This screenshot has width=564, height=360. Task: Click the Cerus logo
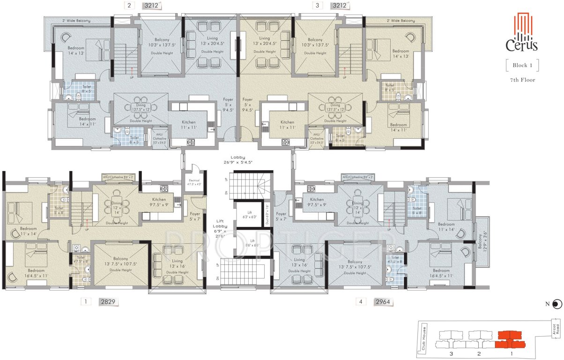point(521,32)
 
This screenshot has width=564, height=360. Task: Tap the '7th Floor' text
point(522,80)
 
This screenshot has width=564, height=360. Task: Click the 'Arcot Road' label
point(555,332)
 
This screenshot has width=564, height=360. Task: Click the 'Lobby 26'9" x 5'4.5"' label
point(241,160)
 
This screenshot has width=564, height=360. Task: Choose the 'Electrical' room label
point(193,182)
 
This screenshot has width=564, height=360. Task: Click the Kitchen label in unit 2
point(189,125)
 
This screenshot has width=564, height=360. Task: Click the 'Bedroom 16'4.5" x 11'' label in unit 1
point(36,273)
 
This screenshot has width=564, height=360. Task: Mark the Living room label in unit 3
point(265,41)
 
